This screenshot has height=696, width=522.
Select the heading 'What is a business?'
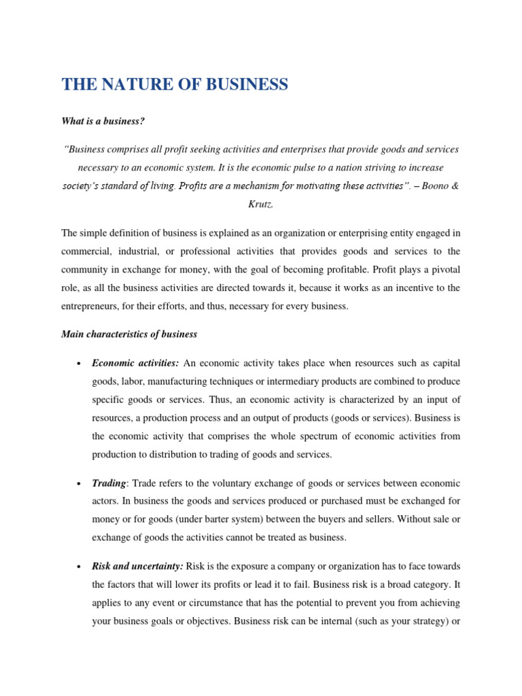(103, 121)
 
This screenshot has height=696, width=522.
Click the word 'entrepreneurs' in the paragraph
(91, 307)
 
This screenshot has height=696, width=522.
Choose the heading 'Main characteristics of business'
(129, 334)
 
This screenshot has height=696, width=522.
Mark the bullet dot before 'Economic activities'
(80, 364)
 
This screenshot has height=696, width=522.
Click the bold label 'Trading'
(109, 483)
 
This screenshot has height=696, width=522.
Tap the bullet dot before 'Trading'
(80, 484)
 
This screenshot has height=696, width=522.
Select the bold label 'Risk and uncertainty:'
(137, 566)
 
